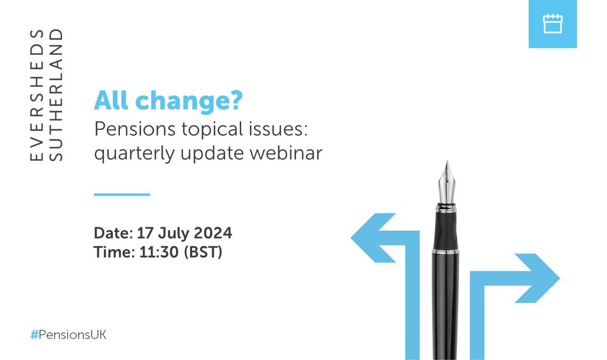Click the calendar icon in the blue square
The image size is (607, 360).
[552, 24]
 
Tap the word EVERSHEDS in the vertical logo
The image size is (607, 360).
[36, 96]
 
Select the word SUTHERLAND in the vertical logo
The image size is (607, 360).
[58, 96]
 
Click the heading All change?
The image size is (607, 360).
[168, 102]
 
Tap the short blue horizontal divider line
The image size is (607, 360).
[122, 194]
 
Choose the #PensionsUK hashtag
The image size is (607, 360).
[68, 335]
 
